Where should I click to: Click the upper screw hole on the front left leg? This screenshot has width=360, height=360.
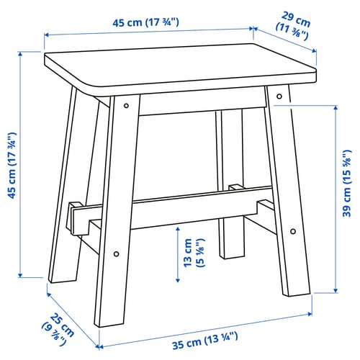(127, 106)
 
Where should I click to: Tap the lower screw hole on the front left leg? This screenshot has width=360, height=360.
(116, 253)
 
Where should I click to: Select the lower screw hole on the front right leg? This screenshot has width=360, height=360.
(293, 231)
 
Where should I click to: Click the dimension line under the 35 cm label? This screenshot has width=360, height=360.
(205, 328)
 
